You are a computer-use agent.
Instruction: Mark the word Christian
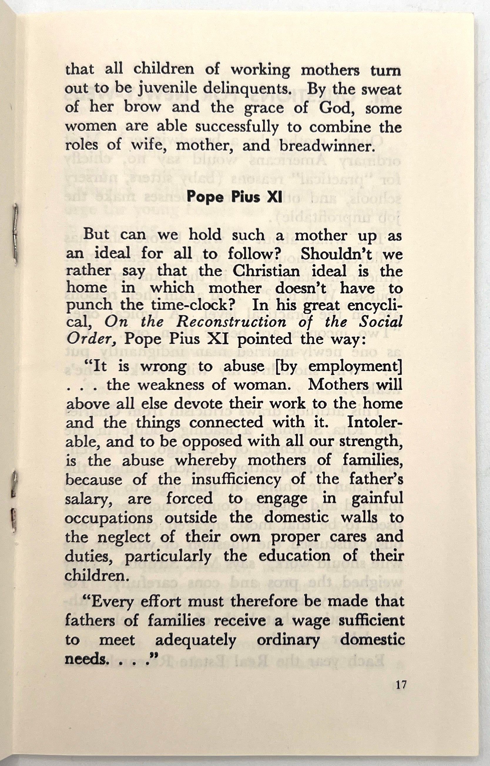pyautogui.click(x=266, y=271)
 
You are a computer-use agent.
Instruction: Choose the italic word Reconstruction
pyautogui.click(x=231, y=322)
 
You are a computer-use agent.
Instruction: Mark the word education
pyautogui.click(x=294, y=556)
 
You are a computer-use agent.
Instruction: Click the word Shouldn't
pyautogui.click(x=336, y=253)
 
